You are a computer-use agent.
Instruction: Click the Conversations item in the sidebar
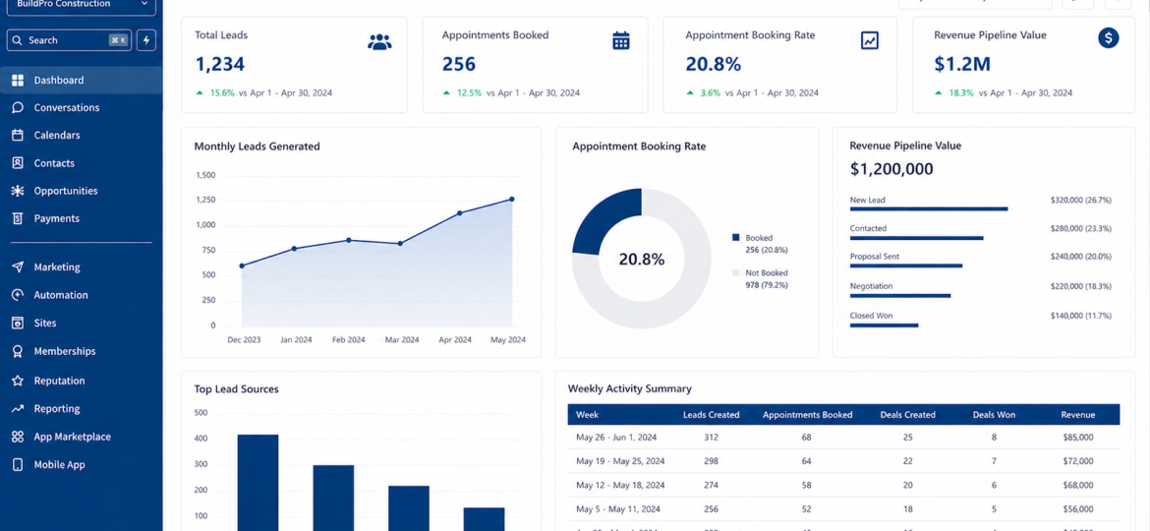tap(66, 108)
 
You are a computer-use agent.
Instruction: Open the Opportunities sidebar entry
tap(65, 191)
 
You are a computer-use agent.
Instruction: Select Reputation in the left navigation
tap(59, 381)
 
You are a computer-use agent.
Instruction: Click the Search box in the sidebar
tap(70, 40)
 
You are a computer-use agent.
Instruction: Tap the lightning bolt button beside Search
tap(145, 40)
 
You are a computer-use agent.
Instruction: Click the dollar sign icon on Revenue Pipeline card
tap(1108, 38)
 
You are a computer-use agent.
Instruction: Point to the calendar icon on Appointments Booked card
tap(621, 40)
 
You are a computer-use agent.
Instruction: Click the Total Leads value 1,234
tap(220, 65)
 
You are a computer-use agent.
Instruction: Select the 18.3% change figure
tap(960, 93)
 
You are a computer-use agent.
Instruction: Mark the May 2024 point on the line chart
tap(512, 199)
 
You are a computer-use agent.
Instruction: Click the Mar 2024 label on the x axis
tap(402, 340)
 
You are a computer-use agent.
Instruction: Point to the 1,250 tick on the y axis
tap(205, 200)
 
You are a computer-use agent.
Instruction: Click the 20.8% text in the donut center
tap(642, 259)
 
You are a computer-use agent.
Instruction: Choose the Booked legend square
tap(735, 238)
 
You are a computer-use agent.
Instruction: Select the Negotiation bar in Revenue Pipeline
tap(900, 296)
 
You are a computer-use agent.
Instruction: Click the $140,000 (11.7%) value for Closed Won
tap(1080, 316)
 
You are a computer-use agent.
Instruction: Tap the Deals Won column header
tap(994, 415)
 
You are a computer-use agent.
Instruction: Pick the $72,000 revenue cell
tap(1078, 461)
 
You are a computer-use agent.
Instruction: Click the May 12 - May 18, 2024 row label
tap(620, 486)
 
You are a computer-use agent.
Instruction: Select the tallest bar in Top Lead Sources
tap(259, 483)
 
